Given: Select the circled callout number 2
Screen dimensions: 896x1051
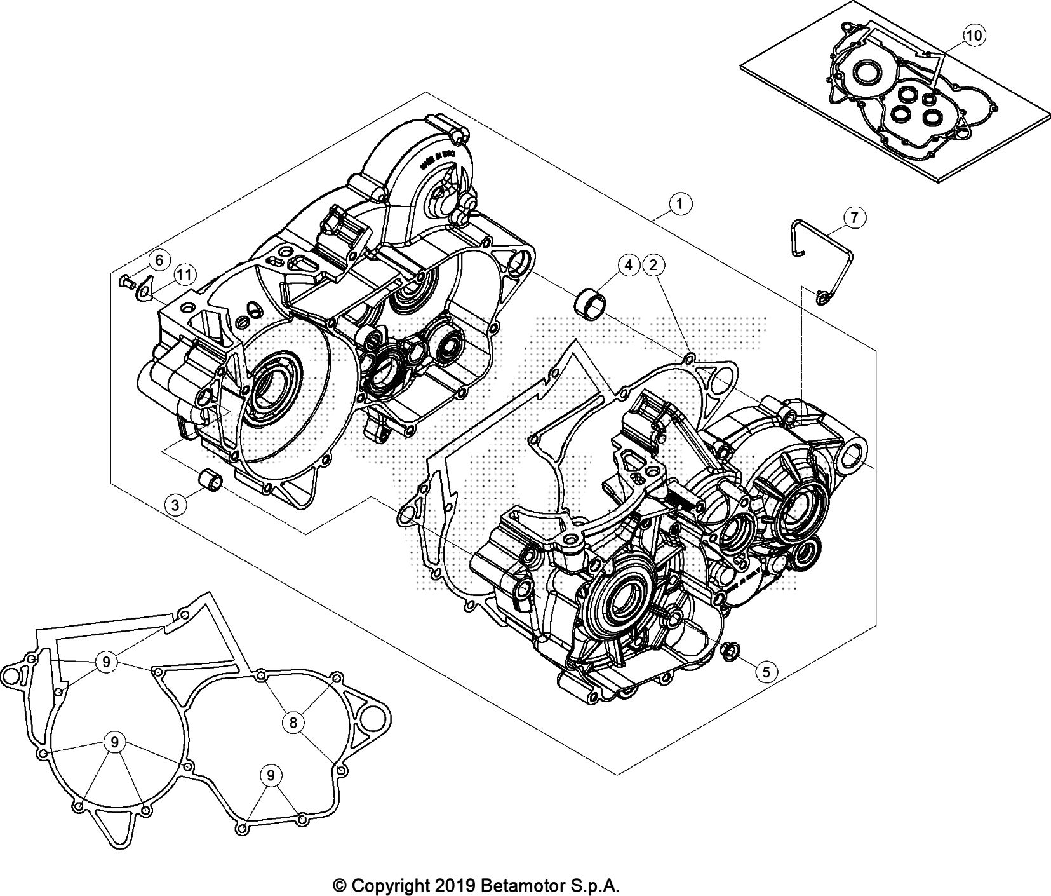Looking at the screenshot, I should (653, 265).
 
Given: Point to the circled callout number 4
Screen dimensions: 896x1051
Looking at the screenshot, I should (628, 265).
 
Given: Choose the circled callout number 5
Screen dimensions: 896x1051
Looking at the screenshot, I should (766, 671).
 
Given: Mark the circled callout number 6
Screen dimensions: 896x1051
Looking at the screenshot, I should (159, 259).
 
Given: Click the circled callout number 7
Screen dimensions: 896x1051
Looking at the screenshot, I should (854, 217).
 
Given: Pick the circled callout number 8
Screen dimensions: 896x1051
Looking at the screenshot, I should (293, 722).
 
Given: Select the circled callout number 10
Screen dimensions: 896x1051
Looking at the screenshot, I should (974, 36).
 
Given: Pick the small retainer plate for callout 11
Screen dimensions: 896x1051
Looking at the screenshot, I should (145, 288).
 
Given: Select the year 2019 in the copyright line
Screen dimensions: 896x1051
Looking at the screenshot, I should (452, 885).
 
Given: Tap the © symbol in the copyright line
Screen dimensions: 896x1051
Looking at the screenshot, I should (340, 885).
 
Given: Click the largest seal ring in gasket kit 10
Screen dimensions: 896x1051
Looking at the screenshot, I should (864, 72).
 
